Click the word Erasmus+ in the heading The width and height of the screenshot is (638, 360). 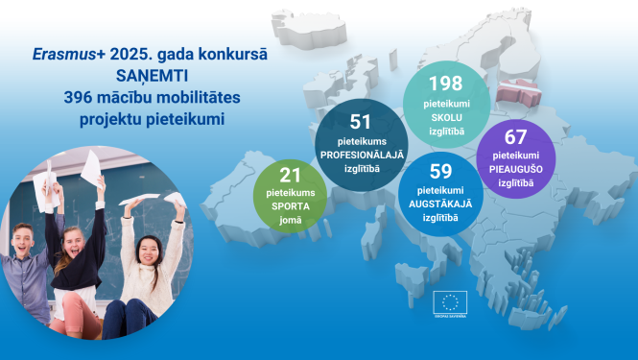tap(60, 58)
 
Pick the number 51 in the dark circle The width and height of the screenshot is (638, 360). tap(362, 122)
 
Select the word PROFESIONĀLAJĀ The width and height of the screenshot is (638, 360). tap(362, 155)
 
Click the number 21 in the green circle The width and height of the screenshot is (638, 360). tap(290, 174)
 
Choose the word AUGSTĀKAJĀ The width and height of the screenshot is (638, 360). tap(441, 204)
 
